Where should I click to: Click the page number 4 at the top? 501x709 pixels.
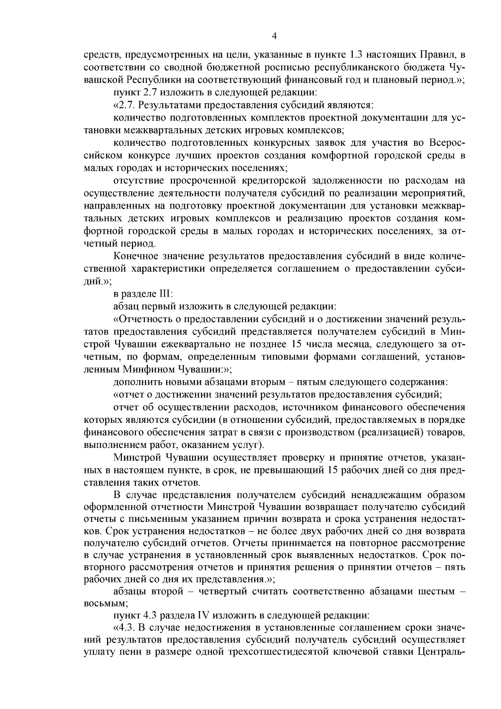(274, 36)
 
